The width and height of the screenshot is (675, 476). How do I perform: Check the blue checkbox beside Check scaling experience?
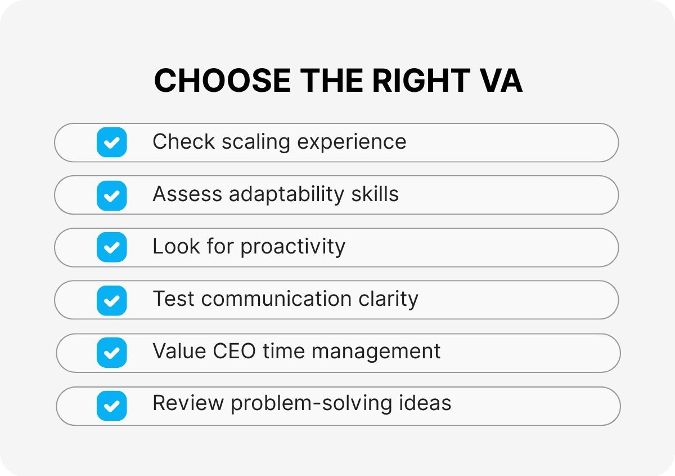111,142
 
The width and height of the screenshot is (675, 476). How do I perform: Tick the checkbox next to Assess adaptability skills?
111,195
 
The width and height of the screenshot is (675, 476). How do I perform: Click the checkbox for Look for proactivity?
111,247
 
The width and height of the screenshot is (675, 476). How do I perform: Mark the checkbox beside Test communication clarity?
111,300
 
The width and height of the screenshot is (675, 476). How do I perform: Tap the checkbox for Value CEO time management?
111,353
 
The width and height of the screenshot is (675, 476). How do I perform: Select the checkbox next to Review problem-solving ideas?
111,406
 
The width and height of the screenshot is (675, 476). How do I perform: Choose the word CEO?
235,352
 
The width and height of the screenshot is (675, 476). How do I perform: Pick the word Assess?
187,194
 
